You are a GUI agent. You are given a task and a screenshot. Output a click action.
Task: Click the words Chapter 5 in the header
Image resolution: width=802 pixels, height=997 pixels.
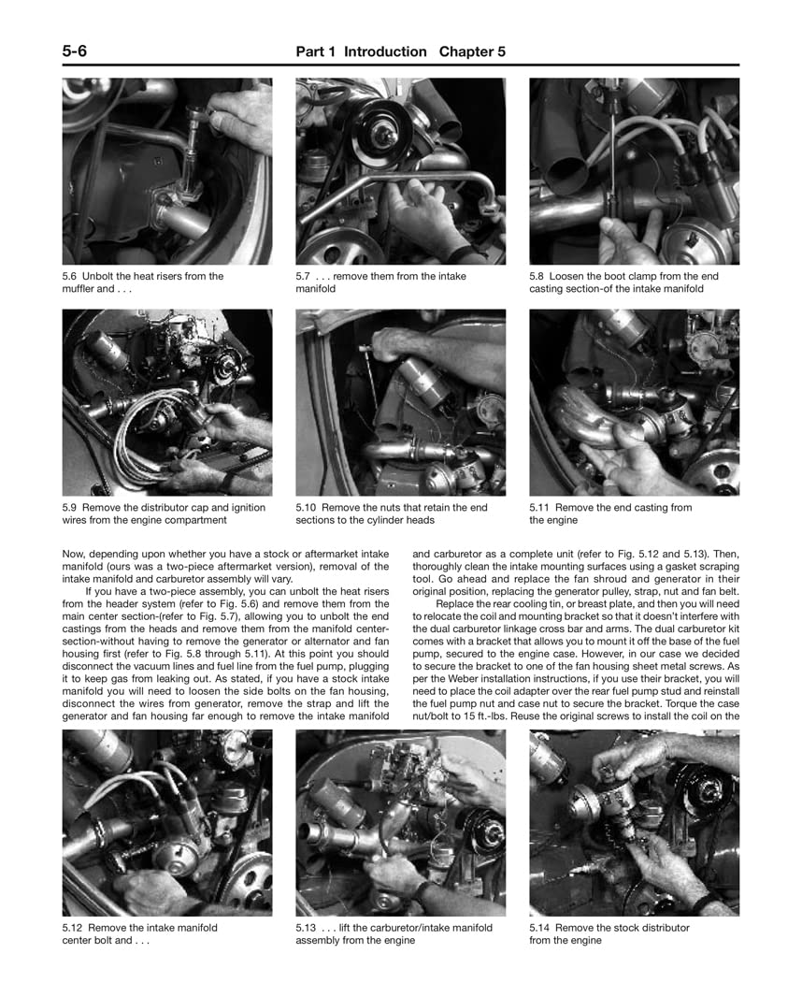pyautogui.click(x=472, y=52)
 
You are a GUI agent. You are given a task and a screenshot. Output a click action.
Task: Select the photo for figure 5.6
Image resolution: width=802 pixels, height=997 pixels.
pyautogui.click(x=167, y=171)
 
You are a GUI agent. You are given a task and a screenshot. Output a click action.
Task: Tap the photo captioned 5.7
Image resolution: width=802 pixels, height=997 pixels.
pyautogui.click(x=400, y=171)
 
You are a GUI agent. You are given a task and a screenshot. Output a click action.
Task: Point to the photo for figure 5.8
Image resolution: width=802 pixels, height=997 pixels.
pyautogui.click(x=634, y=171)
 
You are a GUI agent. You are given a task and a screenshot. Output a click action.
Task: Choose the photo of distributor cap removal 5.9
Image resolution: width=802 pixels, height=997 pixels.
pyautogui.click(x=167, y=402)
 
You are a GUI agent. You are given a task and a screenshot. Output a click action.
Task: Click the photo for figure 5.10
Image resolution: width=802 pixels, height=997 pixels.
pyautogui.click(x=400, y=402)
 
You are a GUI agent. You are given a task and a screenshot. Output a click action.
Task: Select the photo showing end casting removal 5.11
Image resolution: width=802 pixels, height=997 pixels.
pyautogui.click(x=634, y=402)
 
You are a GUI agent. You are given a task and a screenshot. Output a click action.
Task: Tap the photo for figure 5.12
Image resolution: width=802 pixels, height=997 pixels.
pyautogui.click(x=167, y=823)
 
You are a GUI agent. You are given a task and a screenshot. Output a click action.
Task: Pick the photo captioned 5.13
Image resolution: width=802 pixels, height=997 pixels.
pyautogui.click(x=400, y=823)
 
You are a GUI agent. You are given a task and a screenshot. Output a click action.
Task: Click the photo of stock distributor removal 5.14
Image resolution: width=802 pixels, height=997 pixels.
pyautogui.click(x=634, y=823)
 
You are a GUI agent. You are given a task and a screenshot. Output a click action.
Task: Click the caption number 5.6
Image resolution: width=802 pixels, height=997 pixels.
pyautogui.click(x=71, y=277)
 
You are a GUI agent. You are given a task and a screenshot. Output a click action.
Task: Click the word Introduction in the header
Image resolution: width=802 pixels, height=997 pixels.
pyautogui.click(x=385, y=52)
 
